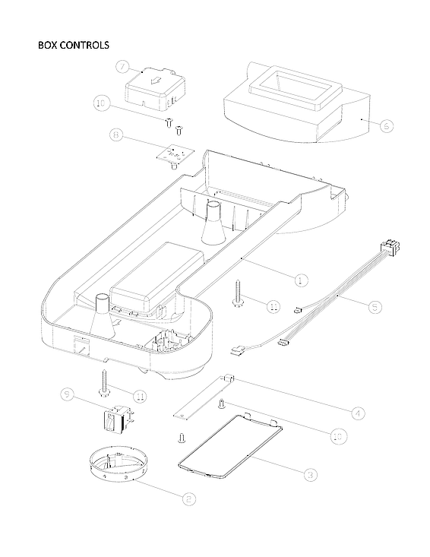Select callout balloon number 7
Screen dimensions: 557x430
point(123,67)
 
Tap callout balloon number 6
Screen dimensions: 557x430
point(387,125)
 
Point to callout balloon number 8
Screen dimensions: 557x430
point(116,136)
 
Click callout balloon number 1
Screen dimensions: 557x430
point(301,280)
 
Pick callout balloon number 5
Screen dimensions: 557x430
point(376,307)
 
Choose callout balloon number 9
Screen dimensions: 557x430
point(68,394)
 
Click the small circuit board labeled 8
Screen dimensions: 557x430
point(173,152)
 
